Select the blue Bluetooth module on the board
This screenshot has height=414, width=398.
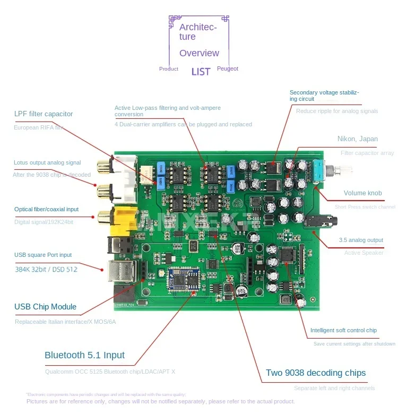pos(184,281)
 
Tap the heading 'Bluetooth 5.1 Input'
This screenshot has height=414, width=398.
pos(85,355)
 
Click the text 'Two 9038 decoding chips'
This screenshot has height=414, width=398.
pos(316,373)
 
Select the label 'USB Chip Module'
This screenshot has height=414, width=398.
pos(46,307)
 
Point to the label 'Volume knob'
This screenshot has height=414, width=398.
pos(362,193)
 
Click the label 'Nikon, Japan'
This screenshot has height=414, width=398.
pos(358,139)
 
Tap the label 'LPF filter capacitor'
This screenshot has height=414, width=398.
pos(44,114)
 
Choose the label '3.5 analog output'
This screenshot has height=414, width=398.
pos(361,240)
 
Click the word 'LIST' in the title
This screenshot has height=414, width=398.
pos(201,71)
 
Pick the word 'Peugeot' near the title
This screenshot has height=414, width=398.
pos(228,69)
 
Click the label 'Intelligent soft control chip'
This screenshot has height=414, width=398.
pos(344,330)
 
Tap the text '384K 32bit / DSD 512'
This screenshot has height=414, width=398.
pos(46,269)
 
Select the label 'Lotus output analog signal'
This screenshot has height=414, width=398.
pos(48,162)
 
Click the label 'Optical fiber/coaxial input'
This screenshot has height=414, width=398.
pos(47,209)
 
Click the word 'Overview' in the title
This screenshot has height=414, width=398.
pos(199,53)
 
